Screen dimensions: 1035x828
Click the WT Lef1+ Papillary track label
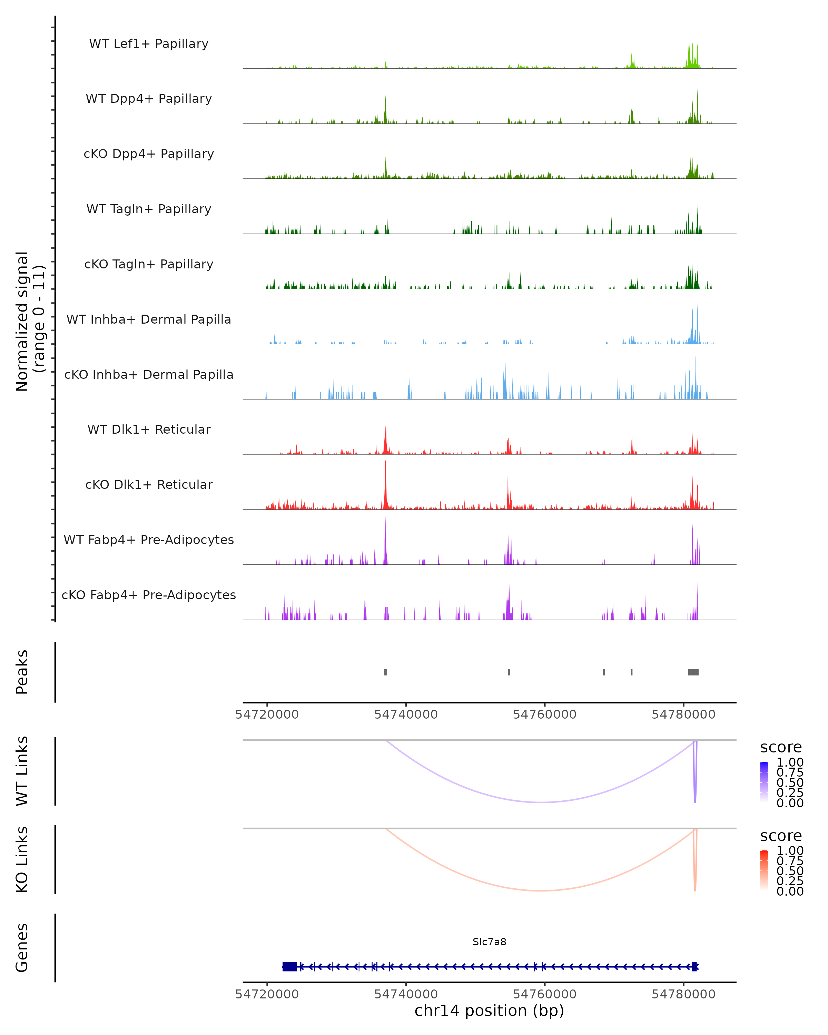pyautogui.click(x=149, y=44)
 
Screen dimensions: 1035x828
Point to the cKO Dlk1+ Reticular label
pyautogui.click(x=149, y=484)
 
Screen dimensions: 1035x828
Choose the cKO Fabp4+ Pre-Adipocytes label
pyautogui.click(x=149, y=595)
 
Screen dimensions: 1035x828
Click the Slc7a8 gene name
pyautogui.click(x=489, y=942)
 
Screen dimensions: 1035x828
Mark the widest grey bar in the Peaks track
pyautogui.click(x=693, y=672)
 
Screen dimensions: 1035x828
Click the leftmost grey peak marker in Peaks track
pyautogui.click(x=385, y=672)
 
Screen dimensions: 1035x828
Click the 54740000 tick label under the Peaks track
pyautogui.click(x=406, y=714)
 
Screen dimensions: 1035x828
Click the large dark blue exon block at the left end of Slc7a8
pyautogui.click(x=289, y=966)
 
